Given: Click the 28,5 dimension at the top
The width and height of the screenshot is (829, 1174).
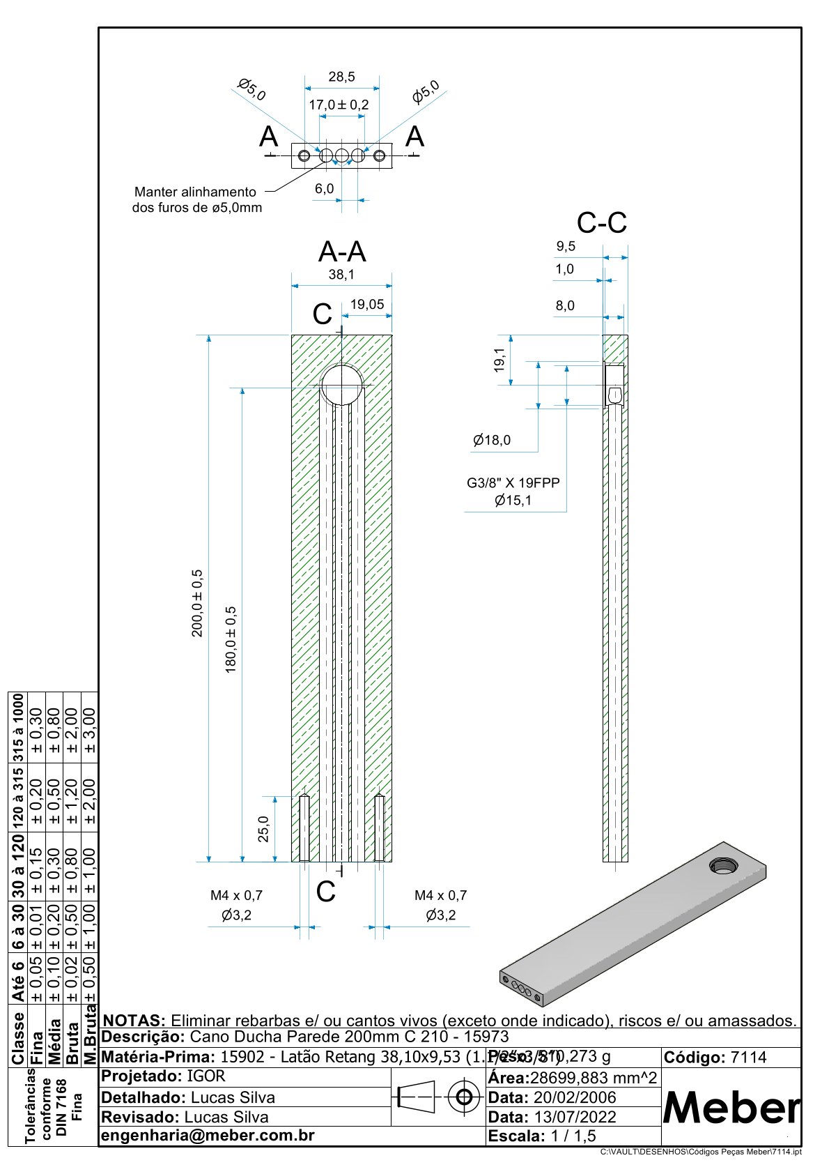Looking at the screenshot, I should click(x=341, y=77).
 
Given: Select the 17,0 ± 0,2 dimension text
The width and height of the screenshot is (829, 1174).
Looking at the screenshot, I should click(x=339, y=105).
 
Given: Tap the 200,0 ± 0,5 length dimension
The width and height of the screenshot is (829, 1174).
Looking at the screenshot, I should click(x=197, y=603).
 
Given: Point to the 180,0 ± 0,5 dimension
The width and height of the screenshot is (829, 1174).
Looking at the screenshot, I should click(x=231, y=639).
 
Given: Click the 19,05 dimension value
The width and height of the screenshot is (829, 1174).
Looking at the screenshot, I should click(x=367, y=305).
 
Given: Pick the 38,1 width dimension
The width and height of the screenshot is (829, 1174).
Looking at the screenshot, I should click(x=341, y=275).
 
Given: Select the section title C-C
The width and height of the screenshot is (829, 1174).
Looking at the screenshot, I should click(x=602, y=223).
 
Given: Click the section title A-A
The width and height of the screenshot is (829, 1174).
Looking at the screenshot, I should click(x=342, y=252).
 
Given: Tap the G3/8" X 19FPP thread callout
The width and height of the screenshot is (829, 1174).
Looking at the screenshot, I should click(x=513, y=482).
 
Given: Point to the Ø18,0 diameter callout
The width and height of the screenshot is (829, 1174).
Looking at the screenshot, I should click(x=492, y=440).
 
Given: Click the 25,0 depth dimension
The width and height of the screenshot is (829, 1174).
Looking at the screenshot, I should click(x=264, y=829).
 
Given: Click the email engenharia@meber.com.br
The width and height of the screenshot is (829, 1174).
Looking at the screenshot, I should click(x=208, y=1135).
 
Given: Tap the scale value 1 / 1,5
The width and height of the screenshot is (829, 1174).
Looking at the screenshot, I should click(x=573, y=1136).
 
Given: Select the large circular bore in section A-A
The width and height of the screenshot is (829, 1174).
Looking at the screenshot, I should click(x=342, y=385).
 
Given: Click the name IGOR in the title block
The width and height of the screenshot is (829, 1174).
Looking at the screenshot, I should click(x=206, y=1076).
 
